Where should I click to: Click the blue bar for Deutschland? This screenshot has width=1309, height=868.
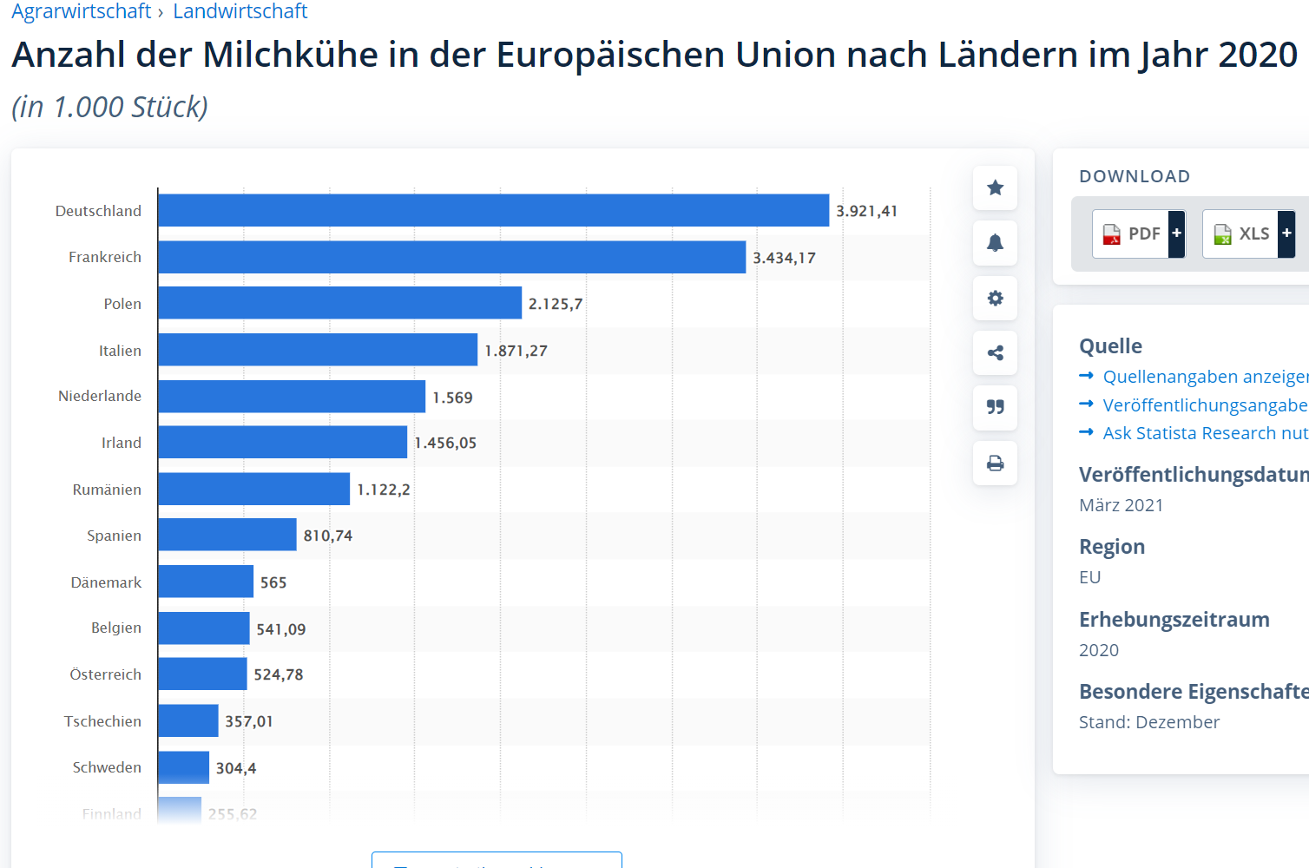pyautogui.click(x=493, y=210)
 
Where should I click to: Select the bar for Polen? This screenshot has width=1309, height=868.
pyautogui.click(x=339, y=303)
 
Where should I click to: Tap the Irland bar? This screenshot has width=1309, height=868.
pyautogui.click(x=282, y=442)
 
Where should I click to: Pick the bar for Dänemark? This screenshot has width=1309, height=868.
pyautogui.click(x=206, y=582)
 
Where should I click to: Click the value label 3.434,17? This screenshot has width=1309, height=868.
pyautogui.click(x=784, y=258)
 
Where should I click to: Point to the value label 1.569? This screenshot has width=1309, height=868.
pyautogui.click(x=452, y=398)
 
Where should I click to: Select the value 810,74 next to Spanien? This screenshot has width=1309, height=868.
pyautogui.click(x=327, y=536)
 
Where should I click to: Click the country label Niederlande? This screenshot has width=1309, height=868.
pyautogui.click(x=100, y=396)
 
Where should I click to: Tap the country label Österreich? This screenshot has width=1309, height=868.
pyautogui.click(x=105, y=674)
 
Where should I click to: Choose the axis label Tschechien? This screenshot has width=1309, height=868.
pyautogui.click(x=102, y=721)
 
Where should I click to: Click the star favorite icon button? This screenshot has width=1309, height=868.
pyautogui.click(x=995, y=187)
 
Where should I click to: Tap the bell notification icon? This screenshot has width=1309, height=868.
pyautogui.click(x=995, y=243)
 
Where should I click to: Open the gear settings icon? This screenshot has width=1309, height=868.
pyautogui.click(x=995, y=298)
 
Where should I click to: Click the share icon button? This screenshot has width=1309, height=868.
pyautogui.click(x=995, y=352)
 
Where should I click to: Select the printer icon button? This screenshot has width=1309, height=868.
pyautogui.click(x=995, y=463)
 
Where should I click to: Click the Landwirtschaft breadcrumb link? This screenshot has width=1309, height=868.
pyautogui.click(x=240, y=11)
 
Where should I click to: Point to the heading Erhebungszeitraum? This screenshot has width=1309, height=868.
pyautogui.click(x=1174, y=620)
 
